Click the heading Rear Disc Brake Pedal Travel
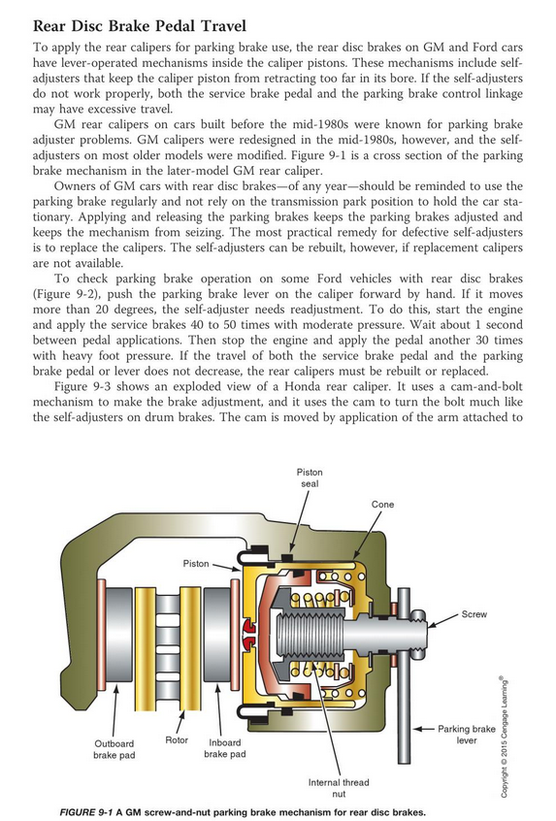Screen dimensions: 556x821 tap(140, 25)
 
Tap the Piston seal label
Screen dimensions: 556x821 tap(310, 477)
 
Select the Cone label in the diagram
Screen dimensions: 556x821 tap(382, 505)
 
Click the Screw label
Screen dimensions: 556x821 tap(474, 613)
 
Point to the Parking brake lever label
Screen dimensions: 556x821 tap(467, 734)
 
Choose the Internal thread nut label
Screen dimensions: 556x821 tap(339, 788)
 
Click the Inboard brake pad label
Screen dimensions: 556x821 tap(224, 748)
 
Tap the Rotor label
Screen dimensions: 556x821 tap(177, 739)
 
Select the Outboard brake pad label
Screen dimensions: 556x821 tap(114, 749)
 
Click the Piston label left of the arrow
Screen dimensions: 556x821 tap(196, 564)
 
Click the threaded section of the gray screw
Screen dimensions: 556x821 tap(310, 632)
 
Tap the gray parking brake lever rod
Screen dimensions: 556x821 tap(404, 675)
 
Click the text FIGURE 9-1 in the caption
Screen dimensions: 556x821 tap(85, 812)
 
